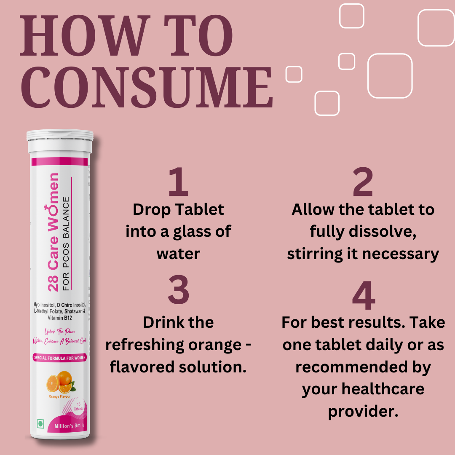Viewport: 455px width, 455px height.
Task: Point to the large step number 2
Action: [x=363, y=182]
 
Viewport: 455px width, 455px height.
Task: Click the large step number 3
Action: [x=178, y=291]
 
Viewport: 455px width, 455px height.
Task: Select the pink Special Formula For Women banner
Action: [x=60, y=358]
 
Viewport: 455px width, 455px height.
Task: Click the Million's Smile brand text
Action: [x=70, y=426]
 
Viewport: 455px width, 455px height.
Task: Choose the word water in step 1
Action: [x=178, y=254]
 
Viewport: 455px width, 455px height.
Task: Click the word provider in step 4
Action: [x=363, y=411]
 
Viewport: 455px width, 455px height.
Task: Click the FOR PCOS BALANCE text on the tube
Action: [x=66, y=244]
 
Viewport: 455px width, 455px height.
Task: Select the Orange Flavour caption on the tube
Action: [x=60, y=396]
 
